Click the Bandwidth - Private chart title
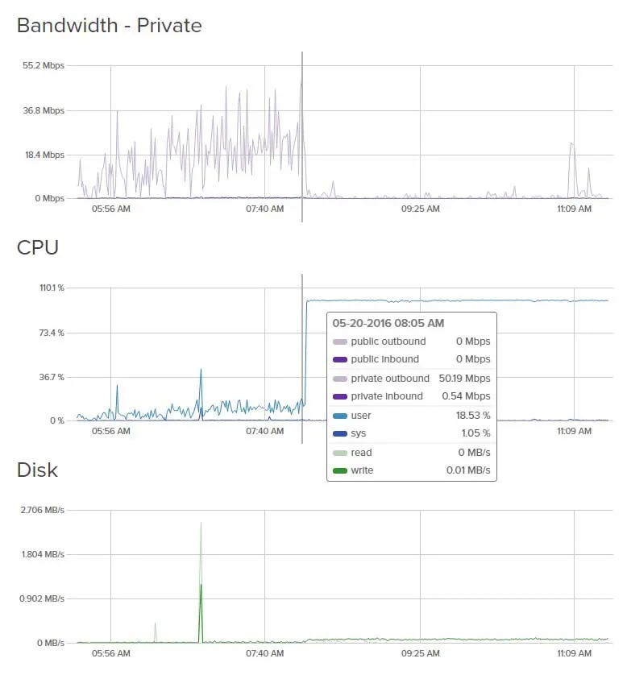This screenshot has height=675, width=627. [x=109, y=26]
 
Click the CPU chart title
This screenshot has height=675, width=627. [x=38, y=247]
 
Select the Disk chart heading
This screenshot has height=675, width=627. [x=37, y=470]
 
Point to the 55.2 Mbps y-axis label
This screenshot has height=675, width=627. [x=43, y=65]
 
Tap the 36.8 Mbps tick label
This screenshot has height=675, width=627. [x=43, y=110]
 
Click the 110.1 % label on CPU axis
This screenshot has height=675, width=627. [x=47, y=288]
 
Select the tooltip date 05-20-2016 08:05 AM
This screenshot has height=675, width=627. [x=388, y=323]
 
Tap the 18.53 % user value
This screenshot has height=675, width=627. [x=473, y=416]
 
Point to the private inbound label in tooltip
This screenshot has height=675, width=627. [x=387, y=396]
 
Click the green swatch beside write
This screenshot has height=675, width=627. [x=340, y=470]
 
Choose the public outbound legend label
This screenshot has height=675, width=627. [x=388, y=342]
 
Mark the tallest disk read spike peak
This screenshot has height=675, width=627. [x=201, y=523]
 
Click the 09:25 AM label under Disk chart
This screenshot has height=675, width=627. [x=420, y=653]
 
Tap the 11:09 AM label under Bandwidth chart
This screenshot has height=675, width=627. [x=574, y=209]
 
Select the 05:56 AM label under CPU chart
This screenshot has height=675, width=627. [x=111, y=431]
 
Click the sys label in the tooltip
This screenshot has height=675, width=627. [x=358, y=433]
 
